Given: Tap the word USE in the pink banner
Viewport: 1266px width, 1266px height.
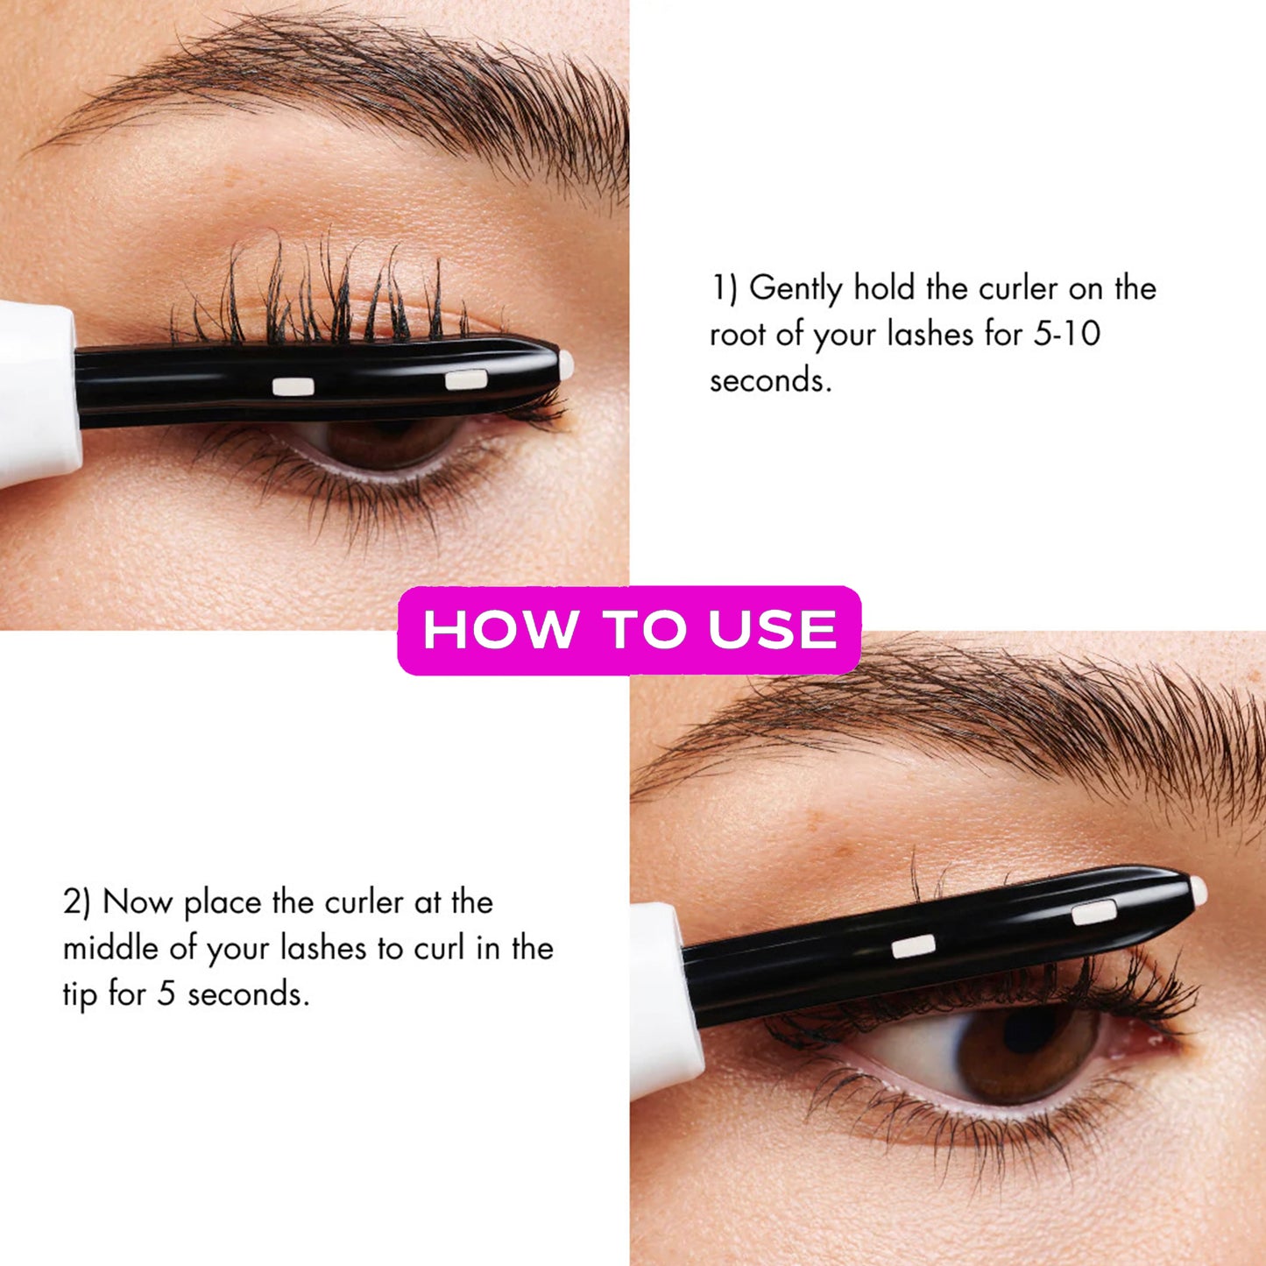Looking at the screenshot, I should (772, 630).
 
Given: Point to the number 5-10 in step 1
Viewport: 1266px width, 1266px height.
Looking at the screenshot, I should (1066, 334).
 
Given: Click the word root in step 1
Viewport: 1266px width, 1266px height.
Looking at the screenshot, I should (738, 335).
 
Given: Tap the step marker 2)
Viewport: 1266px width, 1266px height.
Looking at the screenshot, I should (76, 902).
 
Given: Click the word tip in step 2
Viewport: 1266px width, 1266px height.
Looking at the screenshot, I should (79, 994).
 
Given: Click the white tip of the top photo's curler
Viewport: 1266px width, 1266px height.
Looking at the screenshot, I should (566, 364).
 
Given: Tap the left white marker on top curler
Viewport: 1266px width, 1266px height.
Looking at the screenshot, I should (293, 386).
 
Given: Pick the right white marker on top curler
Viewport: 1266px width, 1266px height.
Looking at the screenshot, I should (465, 379).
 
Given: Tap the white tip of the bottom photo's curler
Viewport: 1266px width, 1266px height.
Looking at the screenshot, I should (1199, 891).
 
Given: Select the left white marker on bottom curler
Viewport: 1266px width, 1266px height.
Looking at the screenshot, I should (913, 946).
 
